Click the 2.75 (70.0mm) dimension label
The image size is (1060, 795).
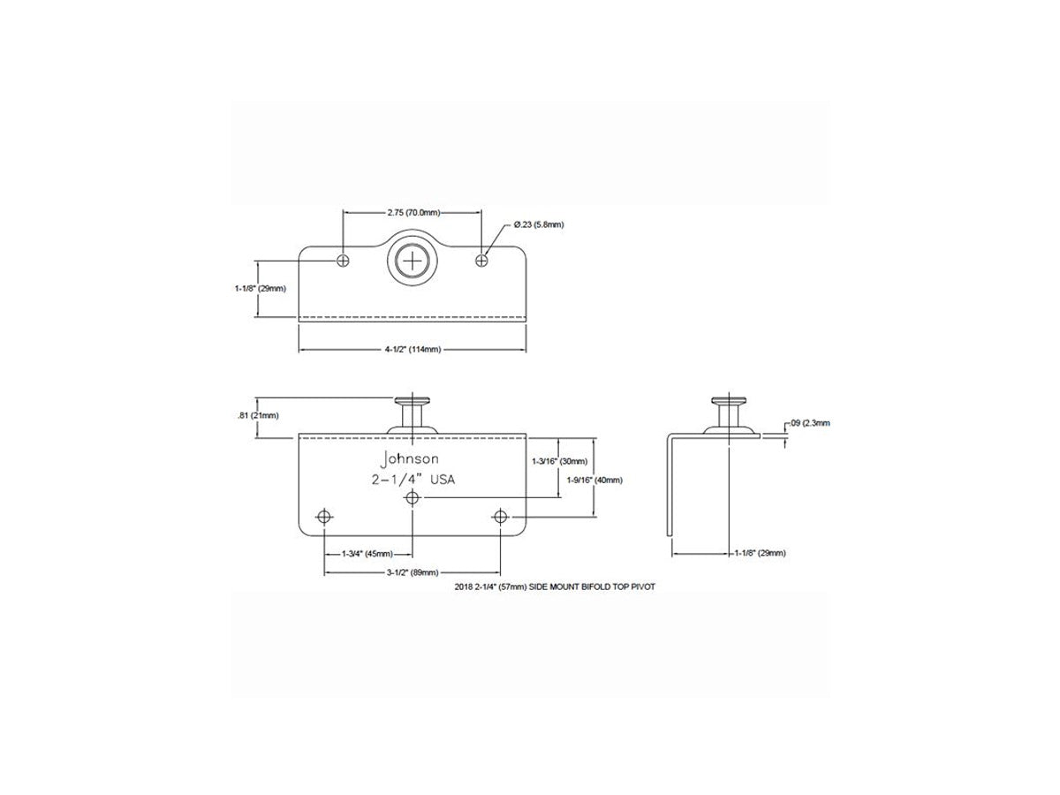tap(413, 213)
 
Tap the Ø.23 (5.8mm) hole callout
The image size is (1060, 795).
tap(539, 224)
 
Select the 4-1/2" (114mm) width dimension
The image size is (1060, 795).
tap(413, 350)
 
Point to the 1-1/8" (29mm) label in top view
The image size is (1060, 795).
tap(261, 289)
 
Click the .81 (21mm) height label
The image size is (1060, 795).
tap(258, 415)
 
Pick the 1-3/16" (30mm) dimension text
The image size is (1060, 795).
tap(560, 461)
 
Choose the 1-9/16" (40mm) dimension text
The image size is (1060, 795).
tap(594, 481)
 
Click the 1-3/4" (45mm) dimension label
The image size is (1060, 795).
tap(367, 554)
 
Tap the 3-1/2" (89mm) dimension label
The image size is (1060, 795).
tap(413, 572)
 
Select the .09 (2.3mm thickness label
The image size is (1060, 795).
tap(810, 423)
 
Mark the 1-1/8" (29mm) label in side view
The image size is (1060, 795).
tap(761, 553)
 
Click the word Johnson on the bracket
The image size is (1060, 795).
tap(410, 459)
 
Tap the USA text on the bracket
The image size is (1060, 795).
tap(443, 480)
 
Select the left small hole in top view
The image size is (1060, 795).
tap(343, 261)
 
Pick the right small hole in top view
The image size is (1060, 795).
tap(481, 261)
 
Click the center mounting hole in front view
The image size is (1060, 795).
tap(412, 497)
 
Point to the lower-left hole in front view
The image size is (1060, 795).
tap(324, 517)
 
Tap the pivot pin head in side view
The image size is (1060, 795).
tap(729, 400)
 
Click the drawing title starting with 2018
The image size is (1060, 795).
tap(555, 587)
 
